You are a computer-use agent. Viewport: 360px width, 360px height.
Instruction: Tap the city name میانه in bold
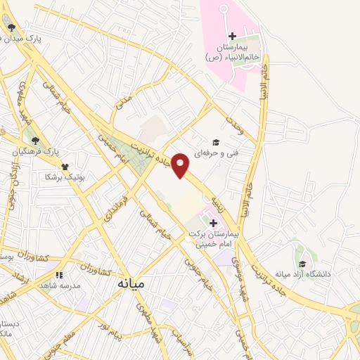coord(129,284)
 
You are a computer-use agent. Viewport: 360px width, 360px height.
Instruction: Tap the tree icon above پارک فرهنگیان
coord(35,141)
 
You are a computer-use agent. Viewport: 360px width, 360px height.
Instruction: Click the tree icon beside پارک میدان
coord(12,28)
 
